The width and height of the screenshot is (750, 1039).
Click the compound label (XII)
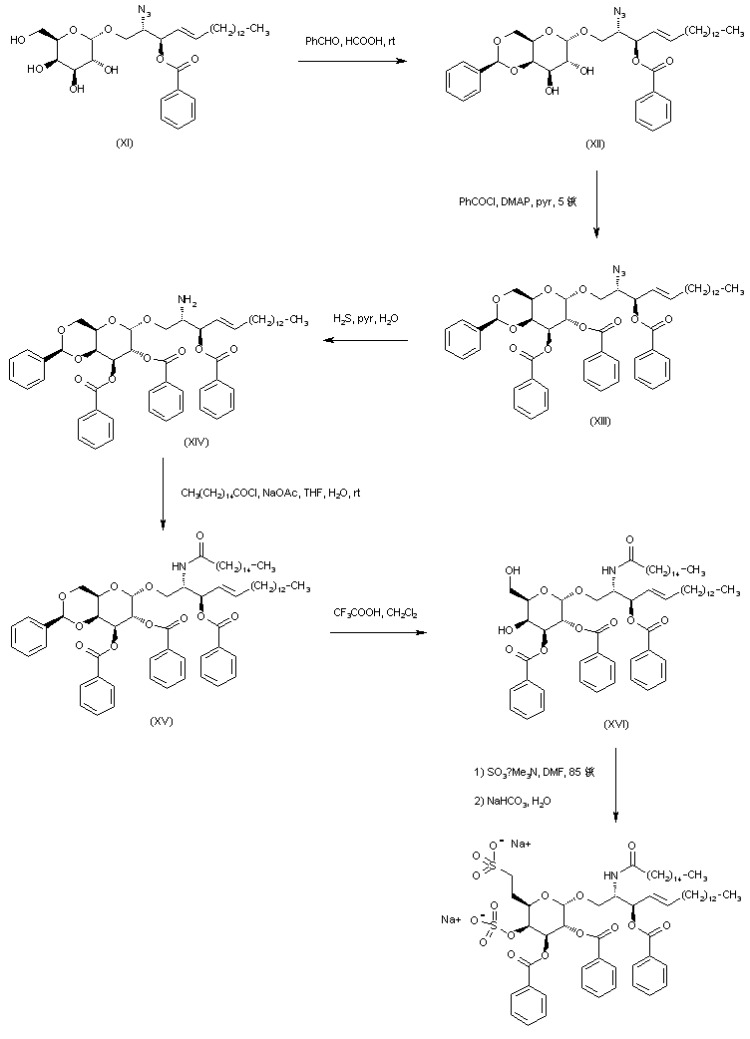pyautogui.click(x=596, y=145)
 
